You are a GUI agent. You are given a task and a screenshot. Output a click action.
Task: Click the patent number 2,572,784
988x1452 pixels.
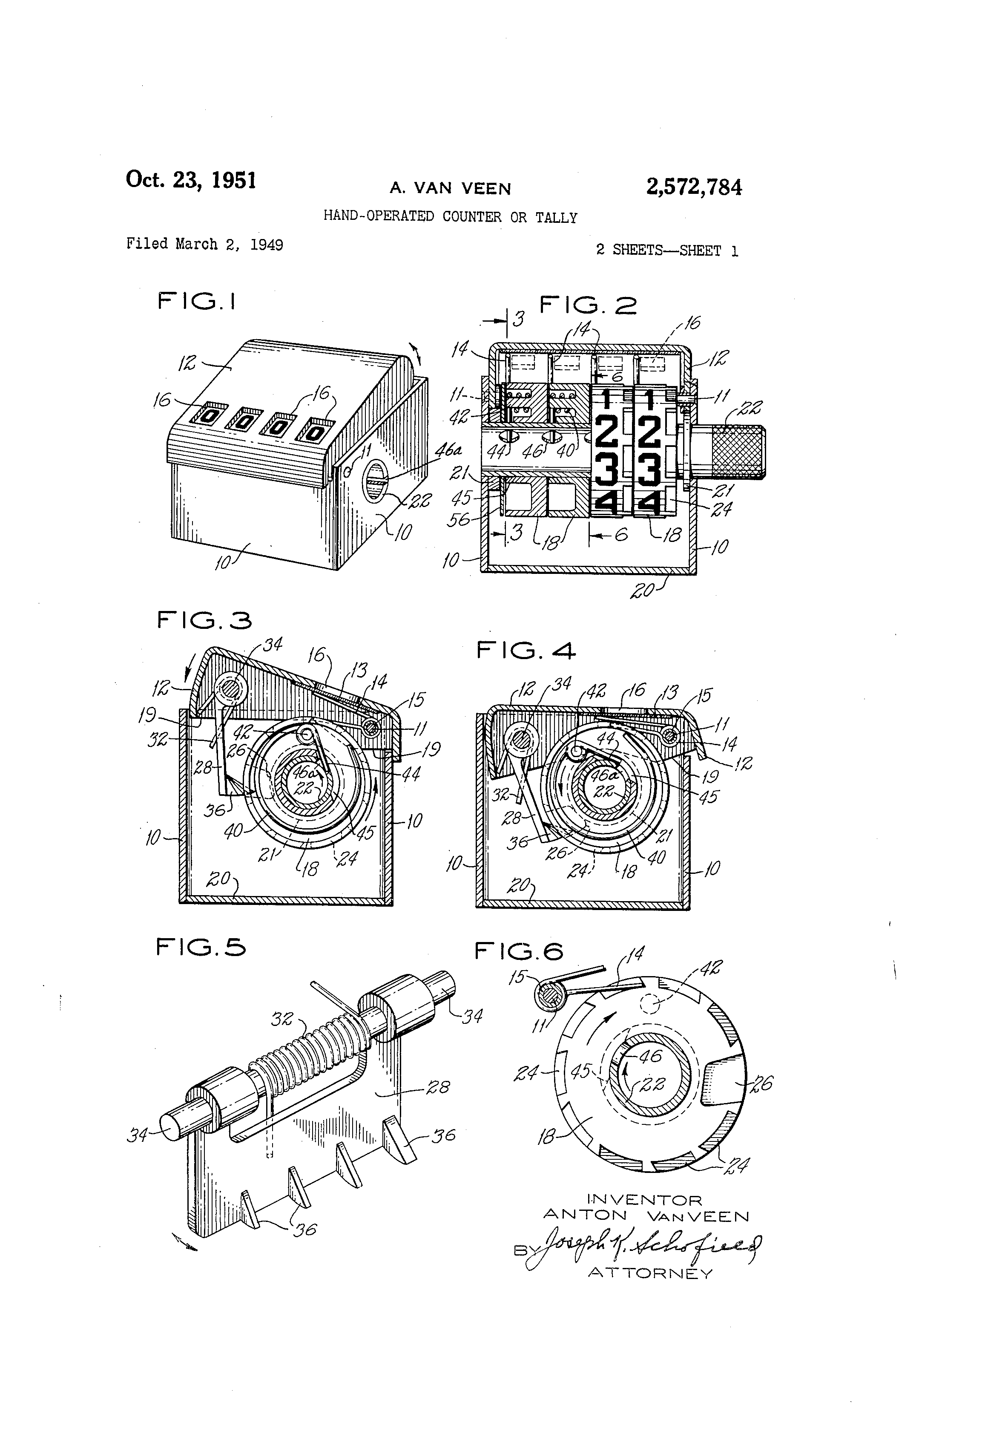[x=693, y=187]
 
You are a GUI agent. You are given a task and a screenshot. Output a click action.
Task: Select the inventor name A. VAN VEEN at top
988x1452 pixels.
[x=450, y=188]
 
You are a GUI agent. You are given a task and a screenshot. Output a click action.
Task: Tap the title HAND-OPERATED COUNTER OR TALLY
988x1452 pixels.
[x=450, y=217]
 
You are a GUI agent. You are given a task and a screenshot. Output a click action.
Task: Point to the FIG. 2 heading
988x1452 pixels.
[x=588, y=305]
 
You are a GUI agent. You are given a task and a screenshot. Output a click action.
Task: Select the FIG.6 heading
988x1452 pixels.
[x=518, y=951]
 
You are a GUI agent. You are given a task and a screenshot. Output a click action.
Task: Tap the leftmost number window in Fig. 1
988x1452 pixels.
[x=210, y=414]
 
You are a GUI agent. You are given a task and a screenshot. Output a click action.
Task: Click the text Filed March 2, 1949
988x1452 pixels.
[x=204, y=244]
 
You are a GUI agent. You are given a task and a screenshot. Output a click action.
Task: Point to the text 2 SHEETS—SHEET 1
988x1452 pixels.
[x=666, y=251]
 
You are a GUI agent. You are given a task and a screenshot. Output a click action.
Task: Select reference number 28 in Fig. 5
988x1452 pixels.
[x=437, y=1088]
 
